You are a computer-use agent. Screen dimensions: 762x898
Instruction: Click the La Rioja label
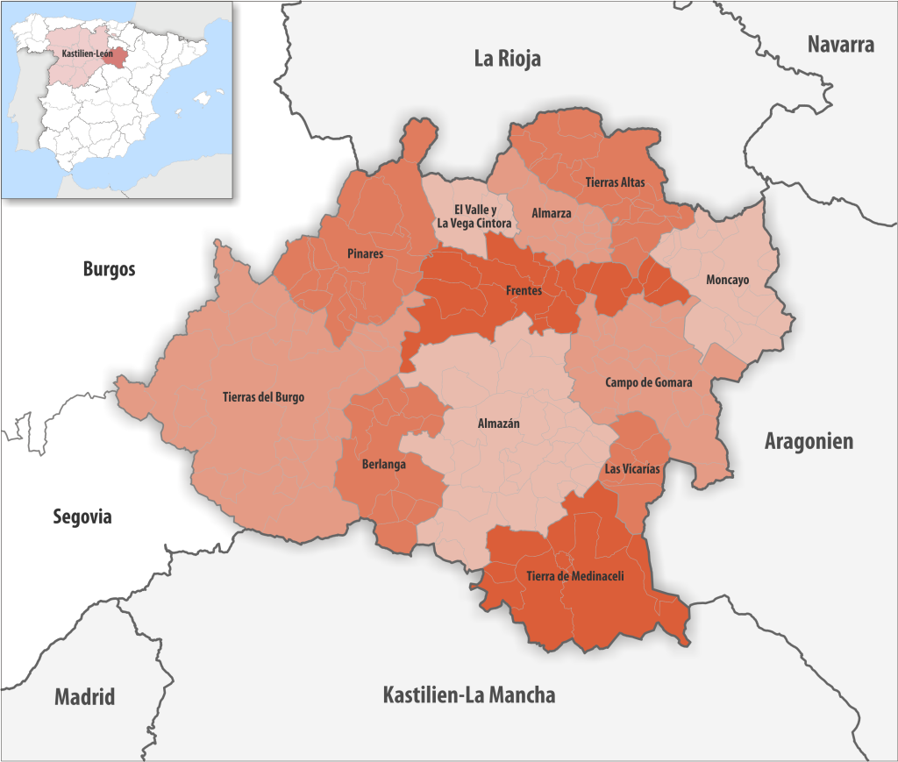[x=507, y=59]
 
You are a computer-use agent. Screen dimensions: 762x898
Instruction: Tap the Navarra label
[x=840, y=45]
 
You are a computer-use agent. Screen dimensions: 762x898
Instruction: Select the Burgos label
[x=109, y=269]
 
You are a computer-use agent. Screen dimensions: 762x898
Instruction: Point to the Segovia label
[x=82, y=516]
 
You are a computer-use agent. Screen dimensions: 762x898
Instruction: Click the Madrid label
[x=84, y=697]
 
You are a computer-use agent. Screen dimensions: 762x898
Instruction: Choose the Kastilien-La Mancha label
[x=468, y=695]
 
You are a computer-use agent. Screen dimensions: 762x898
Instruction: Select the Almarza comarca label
[x=552, y=213]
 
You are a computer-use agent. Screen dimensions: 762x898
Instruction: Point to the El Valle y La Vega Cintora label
[x=475, y=217]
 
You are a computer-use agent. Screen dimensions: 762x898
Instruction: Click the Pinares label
[x=364, y=253]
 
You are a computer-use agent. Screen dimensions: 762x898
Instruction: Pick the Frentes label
[x=524, y=290]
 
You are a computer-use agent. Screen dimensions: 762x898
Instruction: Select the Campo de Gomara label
[x=648, y=383]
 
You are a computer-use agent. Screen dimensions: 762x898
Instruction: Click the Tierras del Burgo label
[x=263, y=397]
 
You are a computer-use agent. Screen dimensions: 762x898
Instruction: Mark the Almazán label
[x=498, y=423]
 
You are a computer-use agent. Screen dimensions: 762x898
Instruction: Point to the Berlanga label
[x=383, y=465]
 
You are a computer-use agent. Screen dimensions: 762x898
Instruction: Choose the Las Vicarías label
[x=632, y=469]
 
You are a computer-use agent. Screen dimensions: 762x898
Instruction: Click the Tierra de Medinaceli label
[x=574, y=576]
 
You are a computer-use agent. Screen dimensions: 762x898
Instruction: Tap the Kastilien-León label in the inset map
[x=87, y=53]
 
